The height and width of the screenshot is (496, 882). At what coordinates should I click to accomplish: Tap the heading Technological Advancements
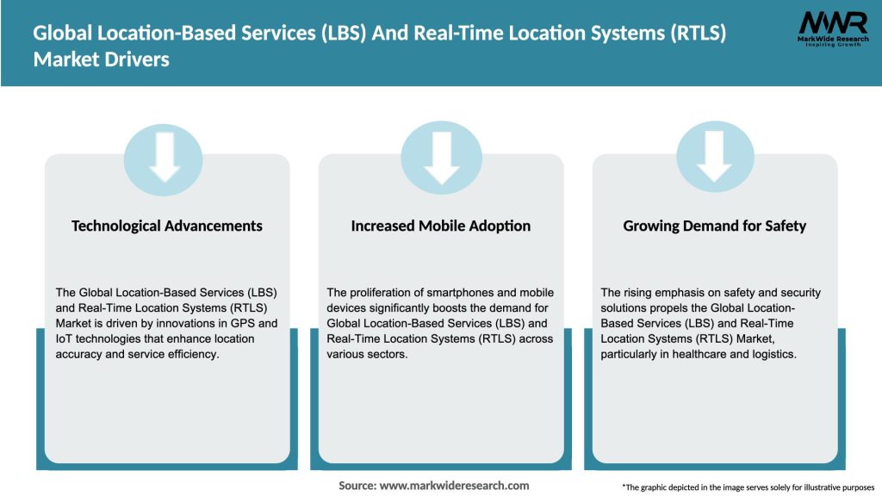167,226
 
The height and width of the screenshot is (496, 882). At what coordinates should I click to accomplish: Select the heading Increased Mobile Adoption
441,226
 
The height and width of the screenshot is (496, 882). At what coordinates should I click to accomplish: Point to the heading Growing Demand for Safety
714,226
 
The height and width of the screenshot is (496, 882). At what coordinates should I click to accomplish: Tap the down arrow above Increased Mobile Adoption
441,157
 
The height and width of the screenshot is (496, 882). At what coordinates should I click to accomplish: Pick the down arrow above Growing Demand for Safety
714,157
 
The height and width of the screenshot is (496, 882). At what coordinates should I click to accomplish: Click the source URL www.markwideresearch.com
455,486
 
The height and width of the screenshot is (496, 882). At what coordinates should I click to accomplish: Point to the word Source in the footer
357,486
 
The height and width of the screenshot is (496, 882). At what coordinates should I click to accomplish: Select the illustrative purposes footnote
748,487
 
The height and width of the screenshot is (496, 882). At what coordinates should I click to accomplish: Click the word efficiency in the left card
195,354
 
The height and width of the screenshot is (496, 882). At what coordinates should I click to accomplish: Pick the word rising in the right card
638,293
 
